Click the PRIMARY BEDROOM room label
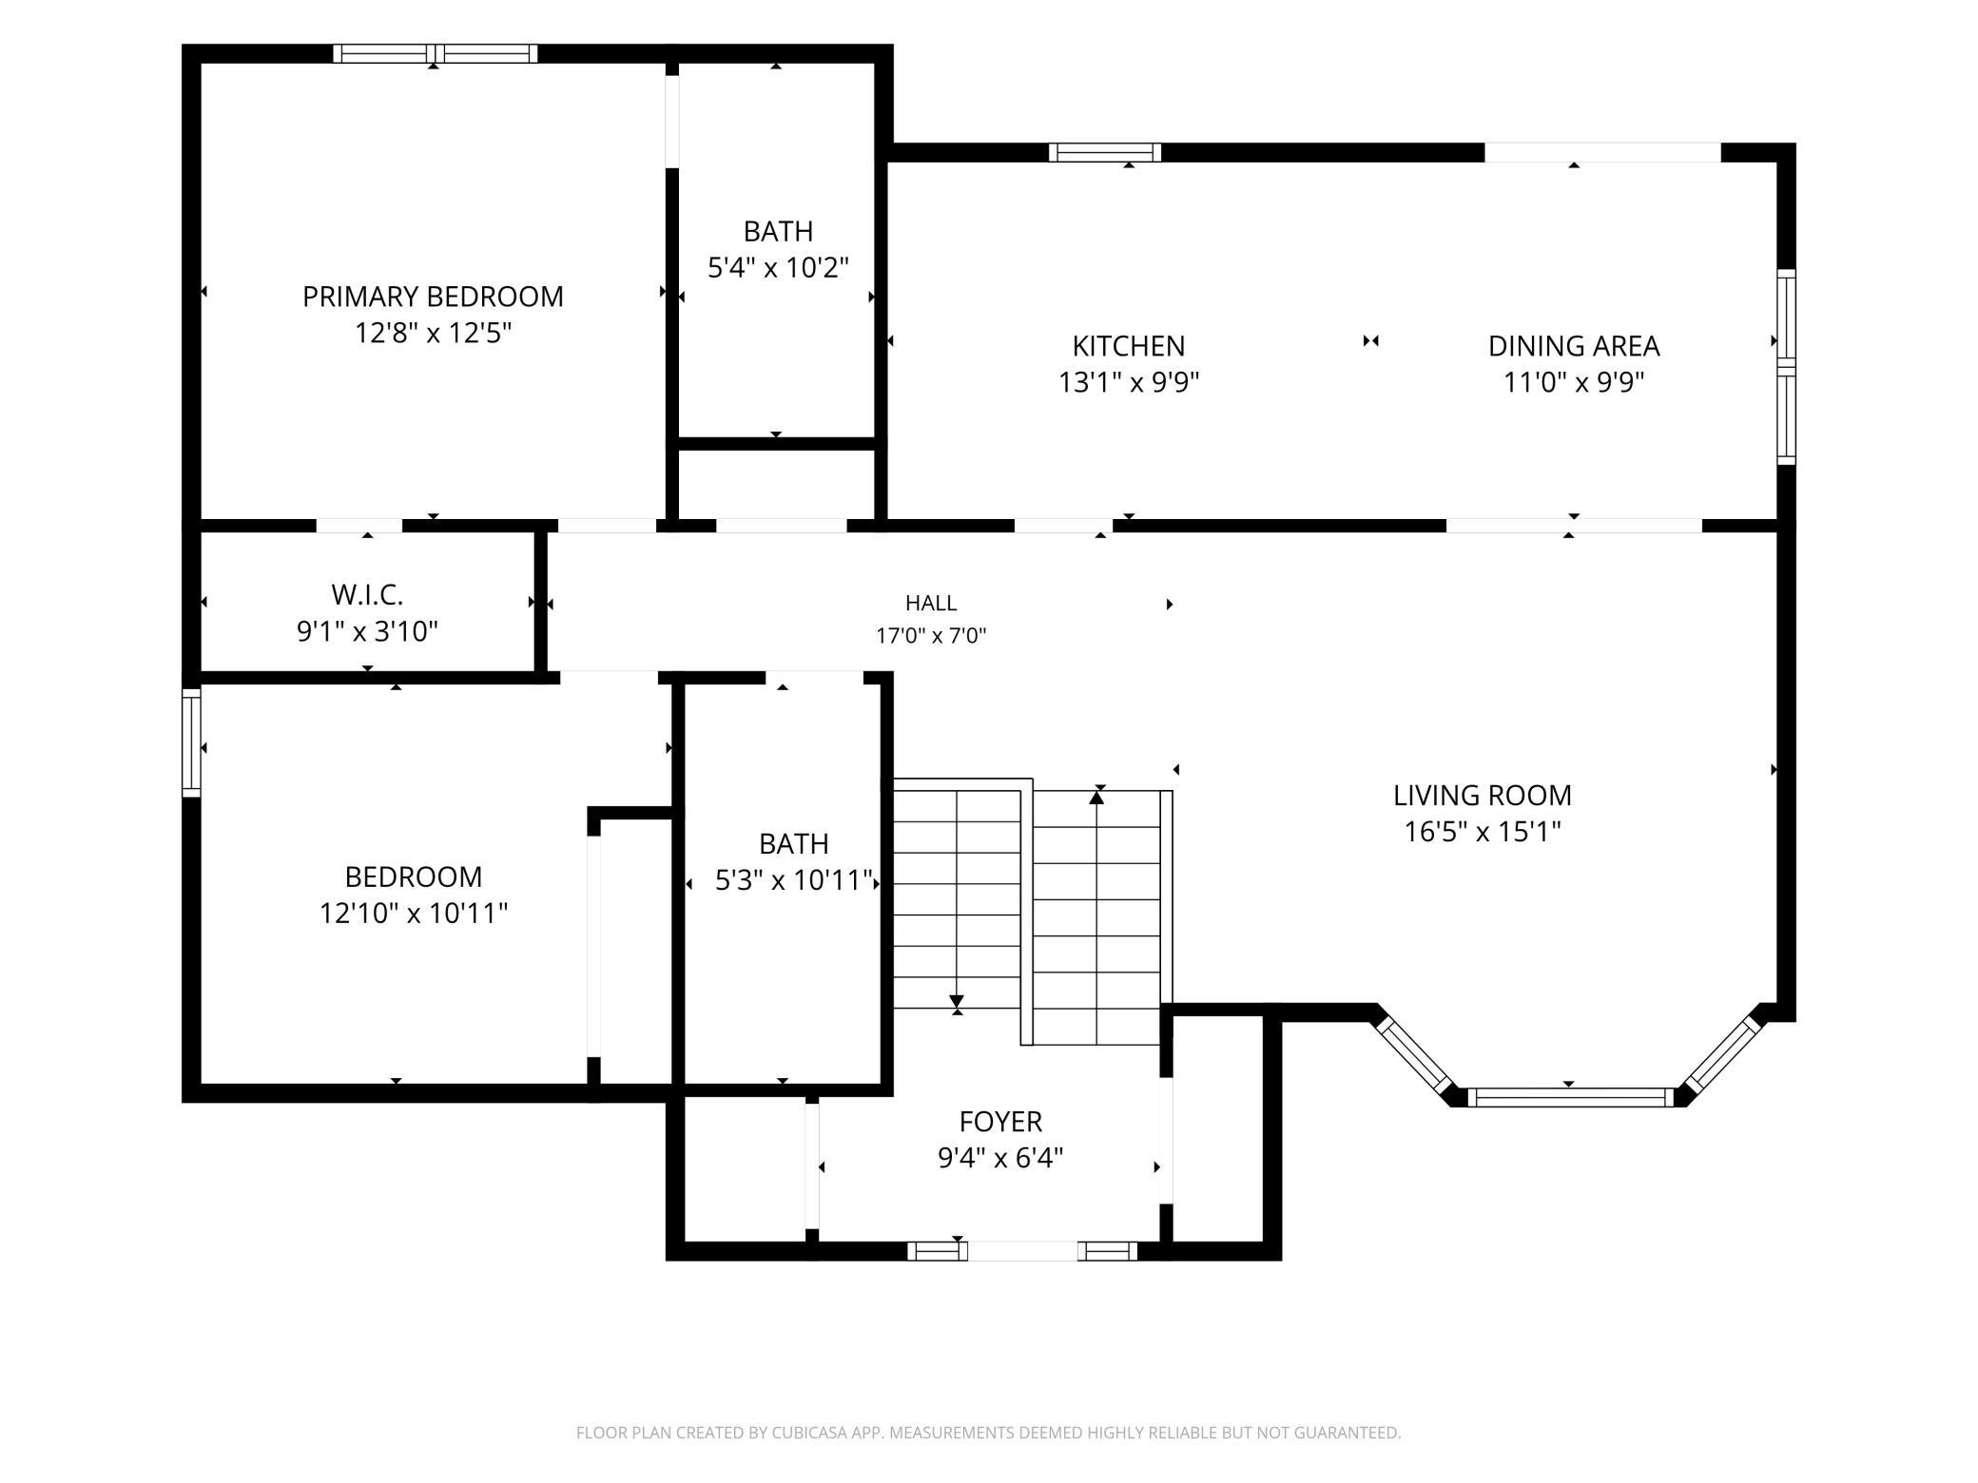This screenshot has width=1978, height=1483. (x=433, y=297)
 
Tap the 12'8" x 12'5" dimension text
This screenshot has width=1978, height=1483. (x=433, y=333)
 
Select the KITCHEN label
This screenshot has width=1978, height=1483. (x=1129, y=345)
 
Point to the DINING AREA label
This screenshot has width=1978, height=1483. (x=1574, y=345)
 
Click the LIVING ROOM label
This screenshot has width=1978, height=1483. (x=1483, y=795)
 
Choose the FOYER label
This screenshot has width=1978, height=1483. (x=1000, y=1122)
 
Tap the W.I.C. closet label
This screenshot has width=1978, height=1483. (x=367, y=595)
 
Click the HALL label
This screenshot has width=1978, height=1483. (x=931, y=603)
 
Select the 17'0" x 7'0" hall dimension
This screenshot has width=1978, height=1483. (x=931, y=636)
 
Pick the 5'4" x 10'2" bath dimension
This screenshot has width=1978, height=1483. (x=778, y=268)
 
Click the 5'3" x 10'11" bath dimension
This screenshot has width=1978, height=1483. (x=793, y=880)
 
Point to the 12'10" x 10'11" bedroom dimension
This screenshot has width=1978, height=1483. (x=413, y=913)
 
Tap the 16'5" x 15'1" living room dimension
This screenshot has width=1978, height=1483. (x=1483, y=832)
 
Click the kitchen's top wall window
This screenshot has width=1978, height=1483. (x=1105, y=152)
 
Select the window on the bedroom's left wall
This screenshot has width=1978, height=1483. (x=191, y=742)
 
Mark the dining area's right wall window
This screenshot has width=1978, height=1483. (x=1786, y=367)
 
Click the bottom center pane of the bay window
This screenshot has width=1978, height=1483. (x=1570, y=1098)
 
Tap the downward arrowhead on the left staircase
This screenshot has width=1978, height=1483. (x=957, y=1002)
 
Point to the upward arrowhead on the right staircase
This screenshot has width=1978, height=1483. (x=1096, y=798)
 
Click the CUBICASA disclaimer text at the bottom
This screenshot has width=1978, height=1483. (x=989, y=1433)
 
